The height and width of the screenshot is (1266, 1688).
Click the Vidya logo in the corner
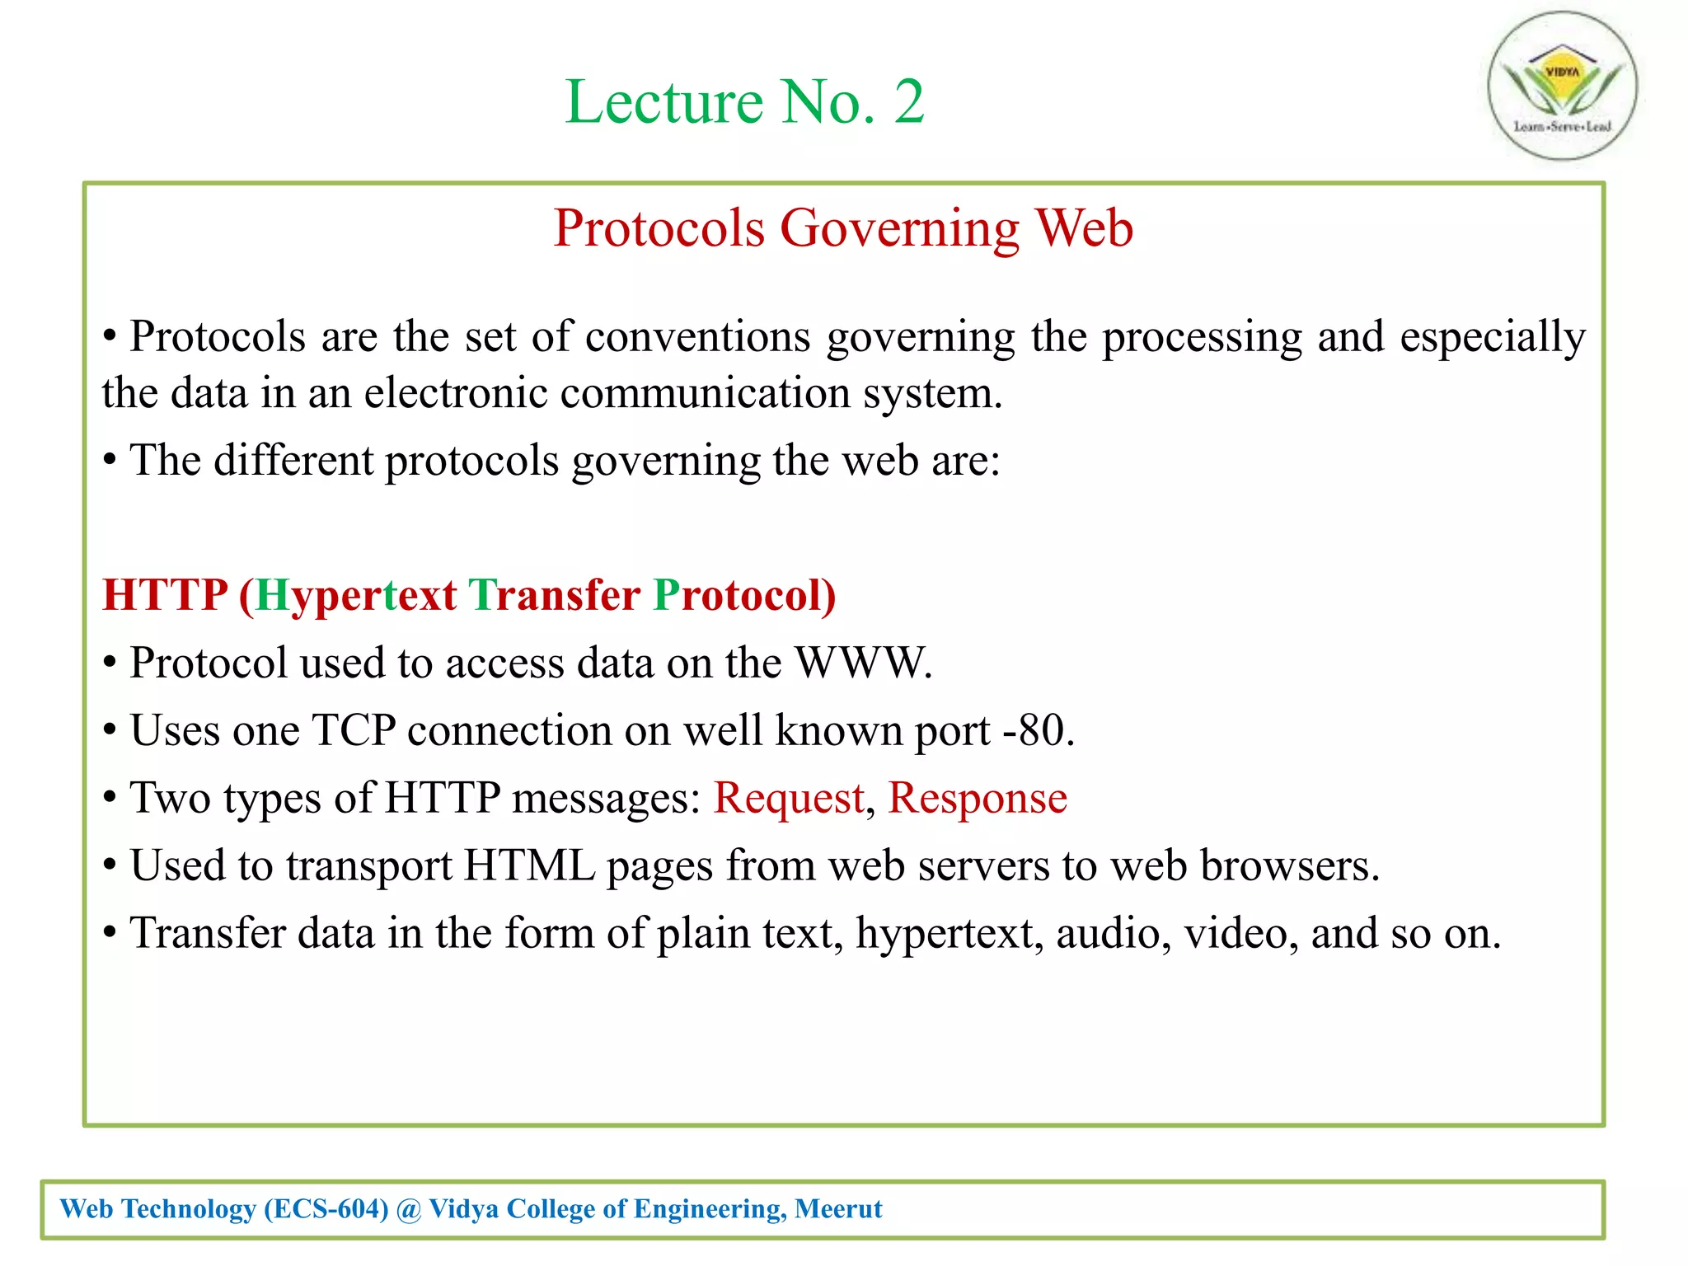(1562, 85)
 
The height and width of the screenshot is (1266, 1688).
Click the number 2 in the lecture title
(908, 102)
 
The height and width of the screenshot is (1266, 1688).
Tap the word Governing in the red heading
(899, 228)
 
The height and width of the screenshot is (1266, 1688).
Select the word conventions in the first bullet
(697, 337)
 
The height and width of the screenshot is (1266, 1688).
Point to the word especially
(1492, 337)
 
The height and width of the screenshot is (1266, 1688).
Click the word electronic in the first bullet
(455, 393)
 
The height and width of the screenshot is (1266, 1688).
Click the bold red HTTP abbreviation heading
(165, 595)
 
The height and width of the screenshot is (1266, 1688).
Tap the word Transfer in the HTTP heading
(554, 595)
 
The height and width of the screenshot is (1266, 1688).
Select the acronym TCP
(354, 730)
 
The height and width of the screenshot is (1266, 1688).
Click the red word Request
(788, 798)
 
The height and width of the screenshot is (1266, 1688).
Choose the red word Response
(977, 798)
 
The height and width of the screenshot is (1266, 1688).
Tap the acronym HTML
(529, 865)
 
